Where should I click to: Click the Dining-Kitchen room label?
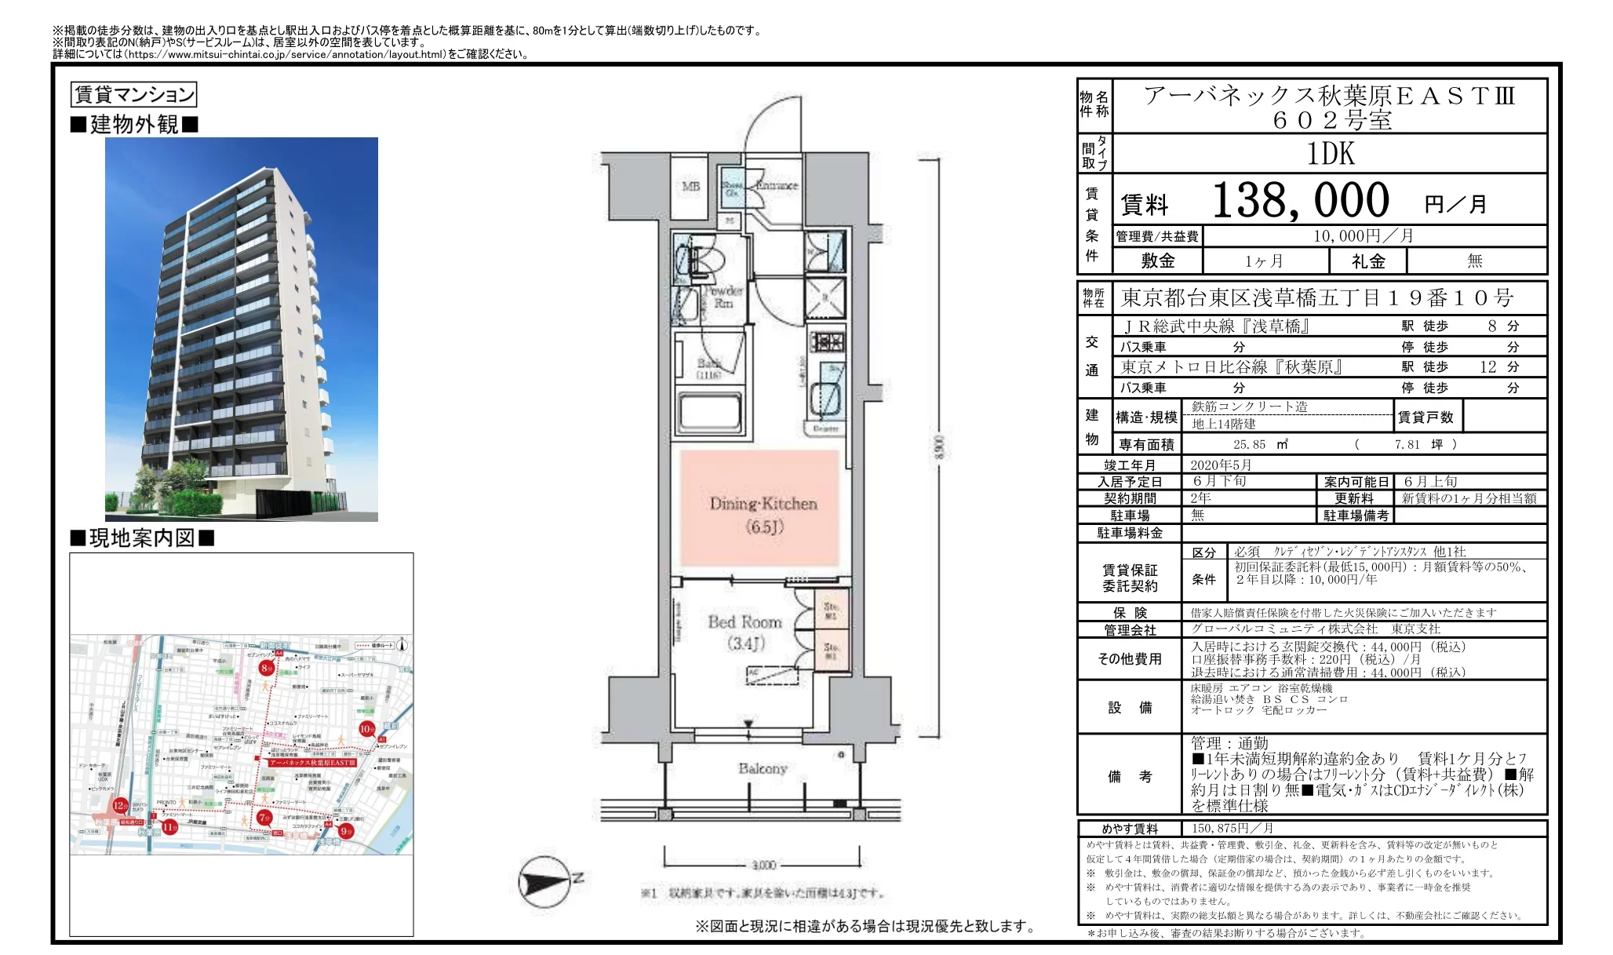click(763, 514)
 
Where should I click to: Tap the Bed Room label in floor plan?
click(745, 632)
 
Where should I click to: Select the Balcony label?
click(762, 768)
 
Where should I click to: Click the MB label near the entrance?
click(690, 187)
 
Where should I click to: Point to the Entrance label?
click(777, 185)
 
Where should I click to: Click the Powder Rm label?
click(723, 297)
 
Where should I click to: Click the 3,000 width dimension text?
click(763, 865)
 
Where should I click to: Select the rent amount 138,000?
click(1300, 201)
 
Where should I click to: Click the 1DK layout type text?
click(1330, 154)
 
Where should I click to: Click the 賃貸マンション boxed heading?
click(134, 95)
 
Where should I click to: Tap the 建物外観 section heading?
click(134, 125)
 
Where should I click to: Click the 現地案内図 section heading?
click(142, 538)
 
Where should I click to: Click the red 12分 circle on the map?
click(120, 806)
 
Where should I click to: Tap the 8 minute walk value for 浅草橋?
click(1491, 326)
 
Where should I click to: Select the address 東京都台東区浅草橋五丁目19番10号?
click(1316, 298)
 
